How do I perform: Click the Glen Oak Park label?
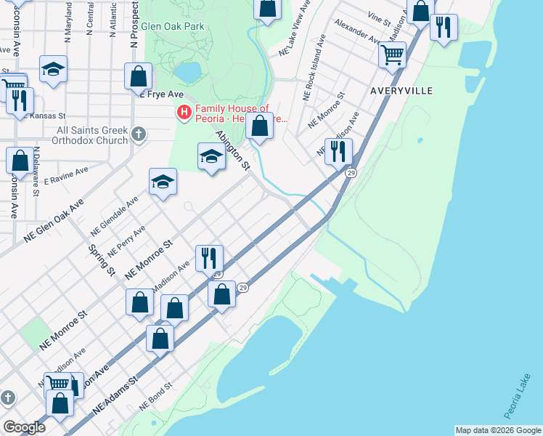(173, 26)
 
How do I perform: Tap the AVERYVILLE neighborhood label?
(401, 91)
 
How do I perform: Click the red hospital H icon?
(184, 113)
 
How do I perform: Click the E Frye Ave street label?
(160, 94)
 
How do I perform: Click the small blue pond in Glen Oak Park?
(188, 72)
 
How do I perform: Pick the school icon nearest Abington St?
(211, 156)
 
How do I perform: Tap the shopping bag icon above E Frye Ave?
(138, 76)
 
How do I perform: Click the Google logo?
(24, 427)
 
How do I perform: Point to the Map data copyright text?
(498, 430)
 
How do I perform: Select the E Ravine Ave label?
(66, 174)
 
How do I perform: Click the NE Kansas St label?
(45, 116)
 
